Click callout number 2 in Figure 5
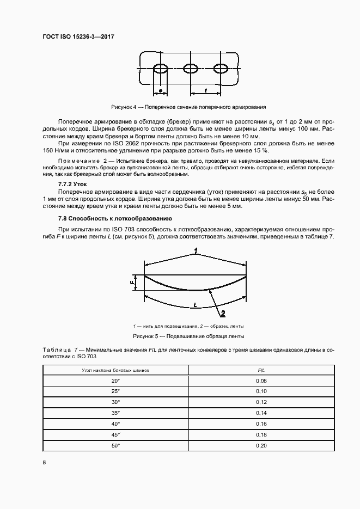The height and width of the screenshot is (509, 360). (x=222, y=313)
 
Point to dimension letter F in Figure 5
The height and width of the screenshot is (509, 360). (x=132, y=283)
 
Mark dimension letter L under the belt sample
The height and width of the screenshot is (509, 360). (x=194, y=306)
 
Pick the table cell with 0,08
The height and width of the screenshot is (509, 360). (x=260, y=381)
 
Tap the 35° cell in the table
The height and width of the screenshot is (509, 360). (x=115, y=413)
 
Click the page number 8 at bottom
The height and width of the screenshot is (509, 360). (x=44, y=462)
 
